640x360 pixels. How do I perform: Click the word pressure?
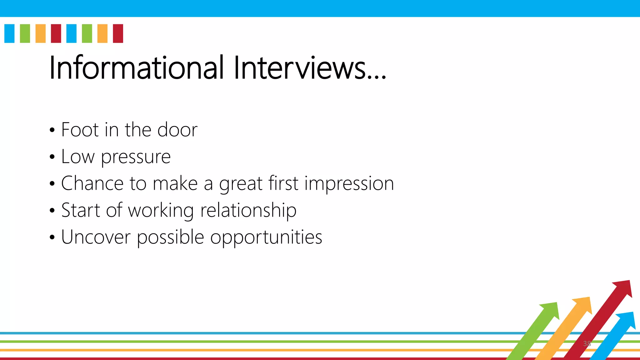[136, 157]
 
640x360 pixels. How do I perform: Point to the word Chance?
[92, 183]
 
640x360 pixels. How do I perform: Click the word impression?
[349, 184]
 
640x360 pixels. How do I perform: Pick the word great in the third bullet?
[241, 184]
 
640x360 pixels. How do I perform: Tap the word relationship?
[248, 210]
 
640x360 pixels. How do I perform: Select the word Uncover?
[96, 237]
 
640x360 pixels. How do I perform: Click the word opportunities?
[266, 237]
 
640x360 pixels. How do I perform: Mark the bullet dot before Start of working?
[52, 211]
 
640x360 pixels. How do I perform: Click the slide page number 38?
[587, 344]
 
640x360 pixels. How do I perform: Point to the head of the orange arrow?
[583, 305]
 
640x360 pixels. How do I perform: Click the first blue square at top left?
[9, 33]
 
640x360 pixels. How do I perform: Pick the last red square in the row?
[118, 33]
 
